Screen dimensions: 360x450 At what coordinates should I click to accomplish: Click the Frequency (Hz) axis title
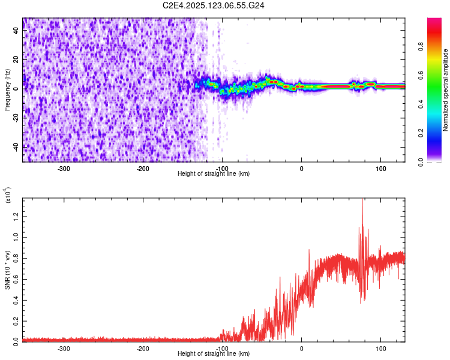pyautogui.click(x=7, y=90)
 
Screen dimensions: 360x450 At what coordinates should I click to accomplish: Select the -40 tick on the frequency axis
pyautogui.click(x=16, y=147)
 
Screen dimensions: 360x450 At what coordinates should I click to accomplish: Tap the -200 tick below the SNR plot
pyautogui.click(x=143, y=348)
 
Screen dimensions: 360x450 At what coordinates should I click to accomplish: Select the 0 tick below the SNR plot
pyautogui.click(x=301, y=348)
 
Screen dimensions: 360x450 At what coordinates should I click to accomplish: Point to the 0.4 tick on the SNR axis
pyautogui.click(x=16, y=299)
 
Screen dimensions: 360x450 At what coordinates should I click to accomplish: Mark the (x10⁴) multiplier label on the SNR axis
pyautogui.click(x=8, y=196)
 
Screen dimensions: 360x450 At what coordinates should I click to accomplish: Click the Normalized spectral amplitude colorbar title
pyautogui.click(x=445, y=90)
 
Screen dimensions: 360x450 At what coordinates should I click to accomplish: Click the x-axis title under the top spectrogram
pyautogui.click(x=214, y=173)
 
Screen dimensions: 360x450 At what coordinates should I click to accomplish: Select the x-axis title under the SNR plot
pyautogui.click(x=214, y=353)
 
